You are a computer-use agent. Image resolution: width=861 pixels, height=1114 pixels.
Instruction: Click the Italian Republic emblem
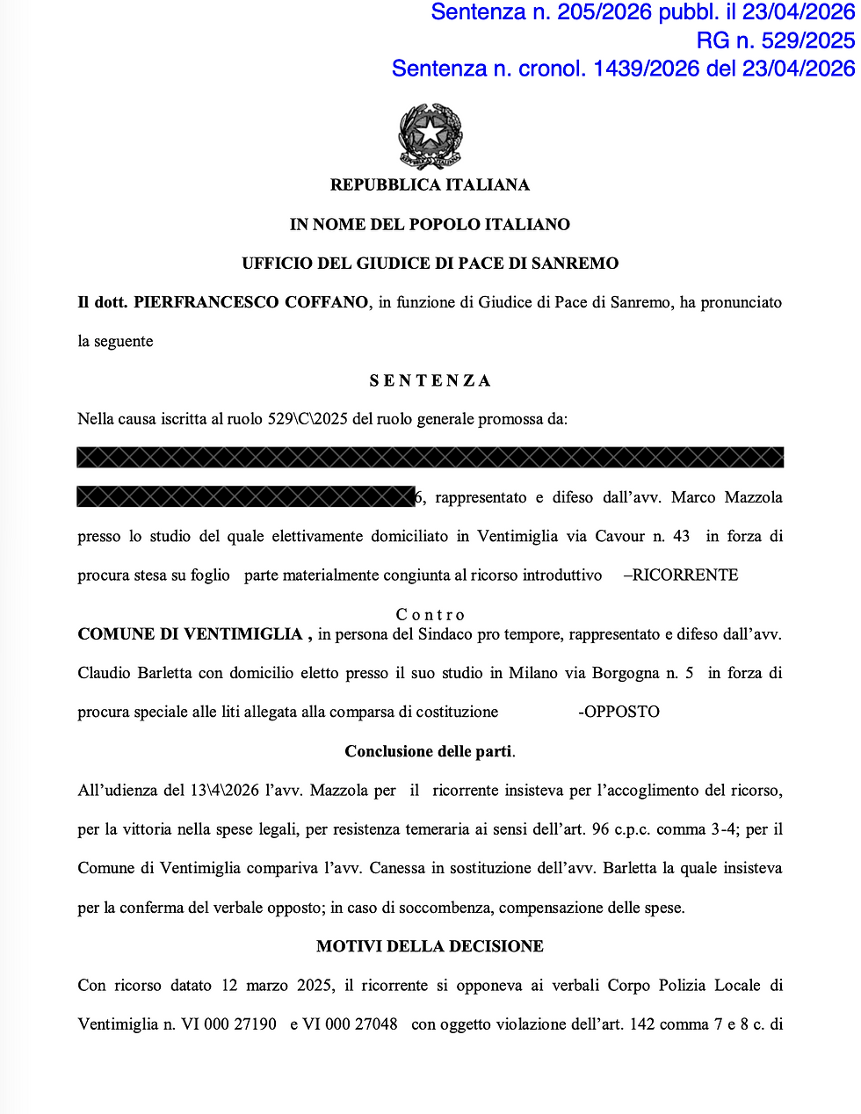(x=430, y=135)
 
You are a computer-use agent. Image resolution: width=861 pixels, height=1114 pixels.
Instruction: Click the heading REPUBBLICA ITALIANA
(x=430, y=184)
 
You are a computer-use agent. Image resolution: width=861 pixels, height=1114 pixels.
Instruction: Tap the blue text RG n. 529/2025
(x=775, y=40)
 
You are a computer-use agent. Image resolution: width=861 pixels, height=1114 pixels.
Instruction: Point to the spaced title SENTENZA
(x=430, y=380)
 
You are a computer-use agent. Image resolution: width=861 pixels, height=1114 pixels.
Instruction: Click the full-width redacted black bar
(x=430, y=457)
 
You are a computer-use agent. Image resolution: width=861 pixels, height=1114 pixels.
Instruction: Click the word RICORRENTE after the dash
(x=685, y=575)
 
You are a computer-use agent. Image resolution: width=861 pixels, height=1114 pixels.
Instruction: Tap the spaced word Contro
(x=430, y=614)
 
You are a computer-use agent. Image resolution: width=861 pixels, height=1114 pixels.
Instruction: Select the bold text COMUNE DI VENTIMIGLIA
(x=190, y=633)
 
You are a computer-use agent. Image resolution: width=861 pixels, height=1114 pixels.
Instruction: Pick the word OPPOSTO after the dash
(x=622, y=712)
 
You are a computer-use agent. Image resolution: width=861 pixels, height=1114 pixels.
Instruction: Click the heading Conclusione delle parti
(x=429, y=751)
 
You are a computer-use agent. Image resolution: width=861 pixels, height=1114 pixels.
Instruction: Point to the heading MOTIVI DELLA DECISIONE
(x=430, y=946)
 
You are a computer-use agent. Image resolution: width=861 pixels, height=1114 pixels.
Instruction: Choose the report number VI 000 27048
(x=350, y=1024)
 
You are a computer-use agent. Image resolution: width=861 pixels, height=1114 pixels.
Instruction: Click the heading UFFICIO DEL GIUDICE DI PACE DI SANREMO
(x=430, y=263)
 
